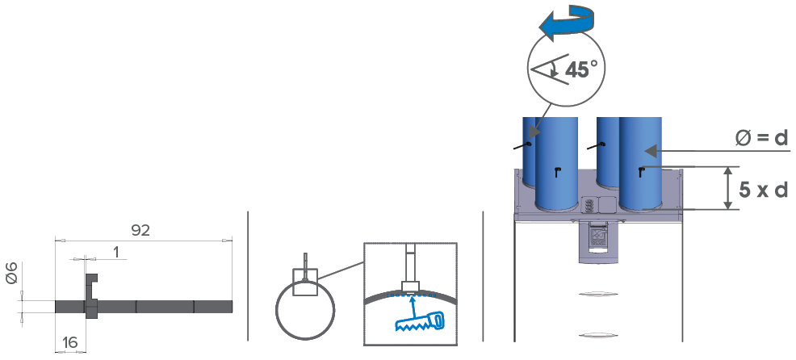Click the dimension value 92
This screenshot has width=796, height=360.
(x=140, y=230)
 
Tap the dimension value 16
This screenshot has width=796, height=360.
(x=70, y=342)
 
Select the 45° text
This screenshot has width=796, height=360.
(x=581, y=69)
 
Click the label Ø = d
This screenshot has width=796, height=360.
(x=761, y=139)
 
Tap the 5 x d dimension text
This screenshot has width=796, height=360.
(x=758, y=190)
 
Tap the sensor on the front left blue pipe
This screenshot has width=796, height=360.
(x=557, y=171)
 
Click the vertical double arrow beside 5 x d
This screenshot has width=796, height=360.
(x=728, y=188)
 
